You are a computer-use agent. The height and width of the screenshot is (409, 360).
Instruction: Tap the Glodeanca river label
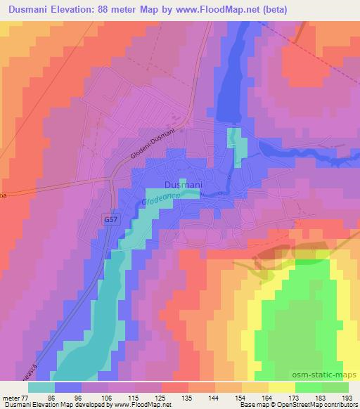point(162,200)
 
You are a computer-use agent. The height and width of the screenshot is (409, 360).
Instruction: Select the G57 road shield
point(109,219)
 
